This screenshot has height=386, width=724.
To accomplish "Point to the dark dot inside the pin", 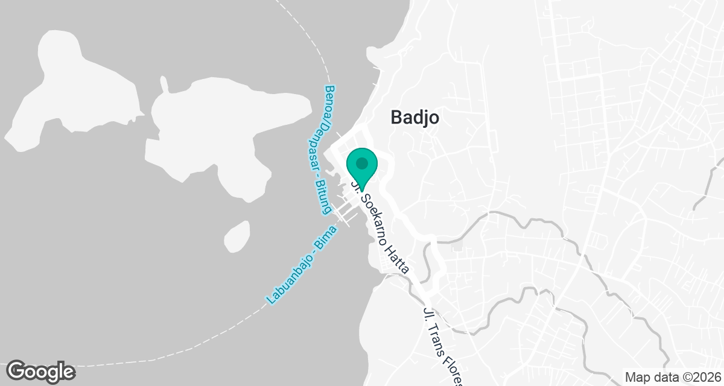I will tap(361, 163).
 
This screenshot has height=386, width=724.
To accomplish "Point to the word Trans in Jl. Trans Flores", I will tap(435, 335).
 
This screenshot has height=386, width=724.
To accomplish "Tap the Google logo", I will tap(40, 370).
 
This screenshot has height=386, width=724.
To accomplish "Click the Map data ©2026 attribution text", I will tap(672, 377).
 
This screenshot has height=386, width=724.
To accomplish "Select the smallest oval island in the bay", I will tap(237, 236).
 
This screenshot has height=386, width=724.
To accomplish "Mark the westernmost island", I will tap(72, 90).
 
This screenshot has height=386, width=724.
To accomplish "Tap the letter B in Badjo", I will tap(396, 117).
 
